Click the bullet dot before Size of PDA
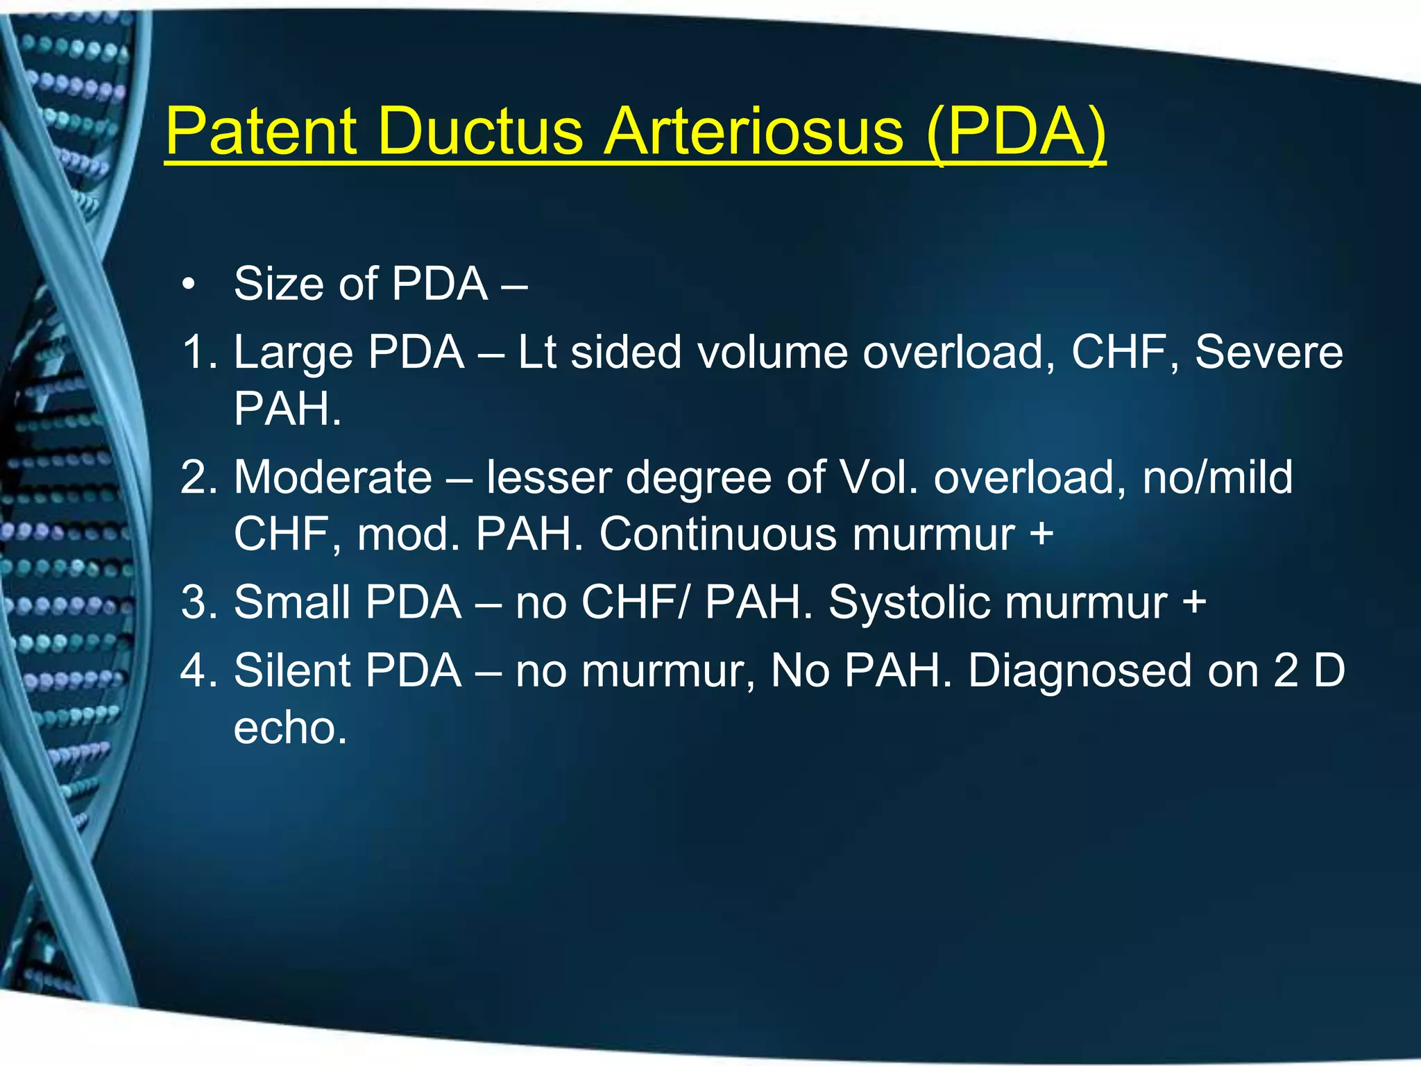pos(187,285)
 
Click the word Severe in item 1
pos(1268,352)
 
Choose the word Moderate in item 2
pos(333,477)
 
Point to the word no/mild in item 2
pos(1218,477)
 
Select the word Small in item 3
pos(291,602)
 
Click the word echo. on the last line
pos(290,728)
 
